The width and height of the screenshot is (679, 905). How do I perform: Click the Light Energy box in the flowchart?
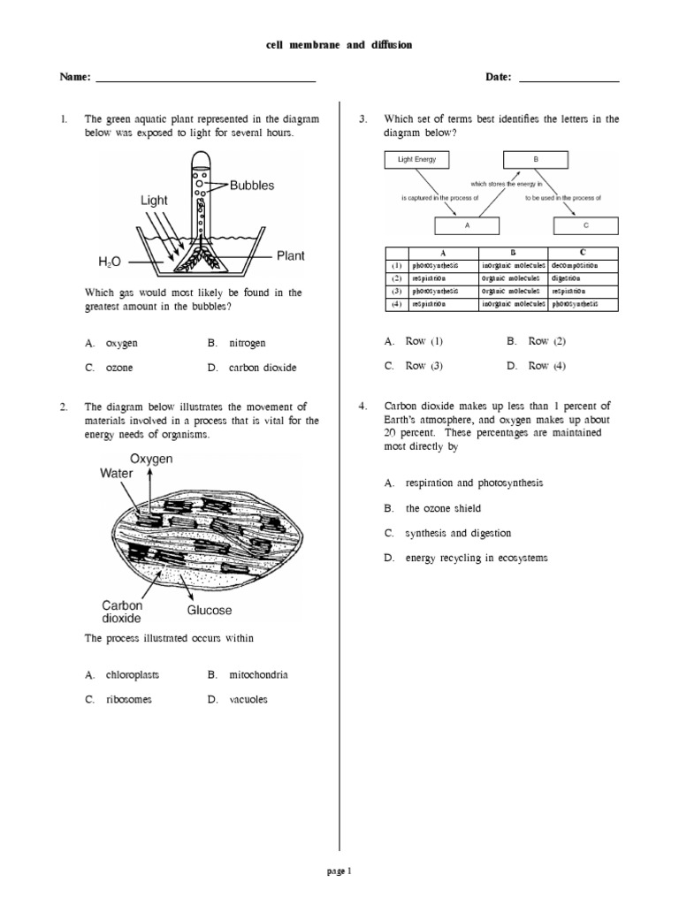pyautogui.click(x=417, y=160)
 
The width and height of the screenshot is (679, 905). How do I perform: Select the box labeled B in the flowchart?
pyautogui.click(x=535, y=160)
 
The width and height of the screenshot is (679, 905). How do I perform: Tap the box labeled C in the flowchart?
pyautogui.click(x=584, y=225)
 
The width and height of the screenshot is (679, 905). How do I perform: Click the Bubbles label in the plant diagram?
pyautogui.click(x=252, y=186)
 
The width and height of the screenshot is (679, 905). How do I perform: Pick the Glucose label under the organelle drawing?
pyautogui.click(x=210, y=610)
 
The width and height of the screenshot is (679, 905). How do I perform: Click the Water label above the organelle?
pyautogui.click(x=116, y=473)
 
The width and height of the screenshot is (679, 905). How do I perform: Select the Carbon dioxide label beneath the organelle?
pyautogui.click(x=122, y=612)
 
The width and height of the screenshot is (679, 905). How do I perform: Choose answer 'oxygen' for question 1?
pyautogui.click(x=121, y=342)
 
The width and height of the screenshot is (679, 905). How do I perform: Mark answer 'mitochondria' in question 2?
pyautogui.click(x=258, y=674)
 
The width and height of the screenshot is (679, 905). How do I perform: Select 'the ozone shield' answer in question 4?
pyautogui.click(x=444, y=508)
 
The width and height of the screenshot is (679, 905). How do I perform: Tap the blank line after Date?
pyautogui.click(x=568, y=79)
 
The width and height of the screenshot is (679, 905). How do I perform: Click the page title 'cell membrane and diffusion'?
pyautogui.click(x=339, y=44)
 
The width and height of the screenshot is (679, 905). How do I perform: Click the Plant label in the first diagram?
pyautogui.click(x=291, y=256)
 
